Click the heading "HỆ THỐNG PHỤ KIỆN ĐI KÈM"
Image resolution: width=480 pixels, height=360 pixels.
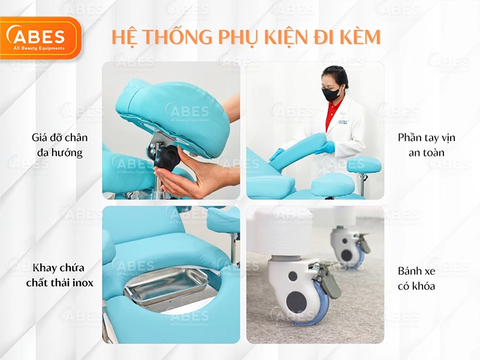click(x=246, y=37)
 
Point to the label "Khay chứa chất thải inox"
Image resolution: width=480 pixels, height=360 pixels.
click(x=59, y=275)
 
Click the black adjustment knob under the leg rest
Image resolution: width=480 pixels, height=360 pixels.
click(x=167, y=158)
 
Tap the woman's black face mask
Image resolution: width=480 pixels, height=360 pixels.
click(x=332, y=94)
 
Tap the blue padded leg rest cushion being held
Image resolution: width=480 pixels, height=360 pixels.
click(x=168, y=114)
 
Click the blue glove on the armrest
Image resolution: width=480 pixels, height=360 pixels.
click(x=325, y=148)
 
